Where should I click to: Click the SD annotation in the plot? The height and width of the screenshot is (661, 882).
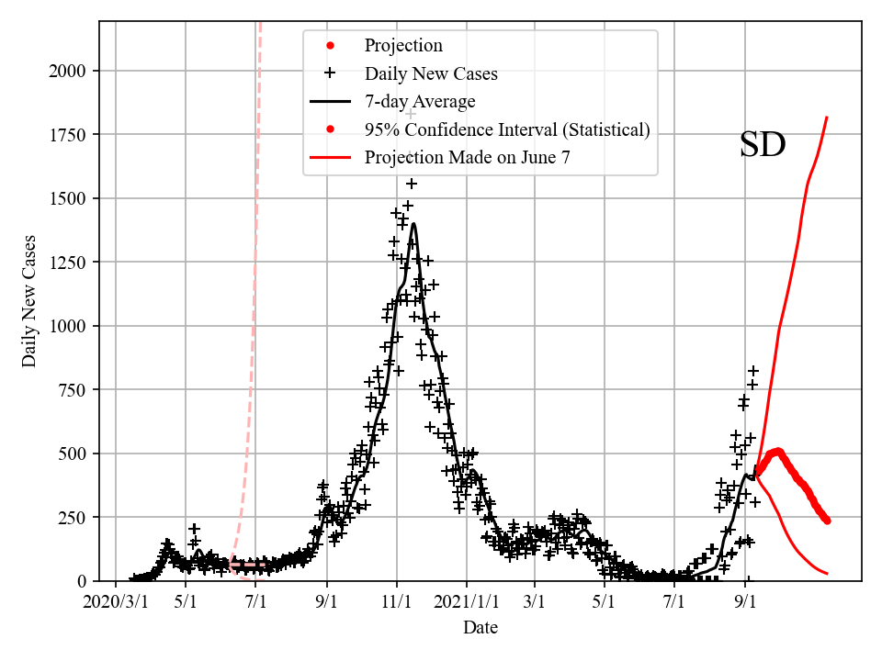coord(763,145)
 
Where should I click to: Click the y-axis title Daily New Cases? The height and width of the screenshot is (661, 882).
coord(29,301)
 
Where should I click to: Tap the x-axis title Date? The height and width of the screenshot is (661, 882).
coord(481,628)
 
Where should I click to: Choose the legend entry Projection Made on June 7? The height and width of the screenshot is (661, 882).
coord(467,157)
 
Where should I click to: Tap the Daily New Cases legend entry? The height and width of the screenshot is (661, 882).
coord(431,73)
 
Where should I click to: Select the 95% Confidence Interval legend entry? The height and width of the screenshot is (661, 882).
coord(507,129)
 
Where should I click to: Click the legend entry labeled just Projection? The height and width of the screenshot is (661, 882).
coord(403,46)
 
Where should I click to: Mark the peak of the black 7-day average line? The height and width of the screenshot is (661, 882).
coord(413,224)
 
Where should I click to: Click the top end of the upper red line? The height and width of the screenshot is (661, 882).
coord(827,118)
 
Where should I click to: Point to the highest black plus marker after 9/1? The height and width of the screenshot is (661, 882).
coord(753,371)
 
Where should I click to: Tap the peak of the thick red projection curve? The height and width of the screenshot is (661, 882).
coord(777,451)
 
